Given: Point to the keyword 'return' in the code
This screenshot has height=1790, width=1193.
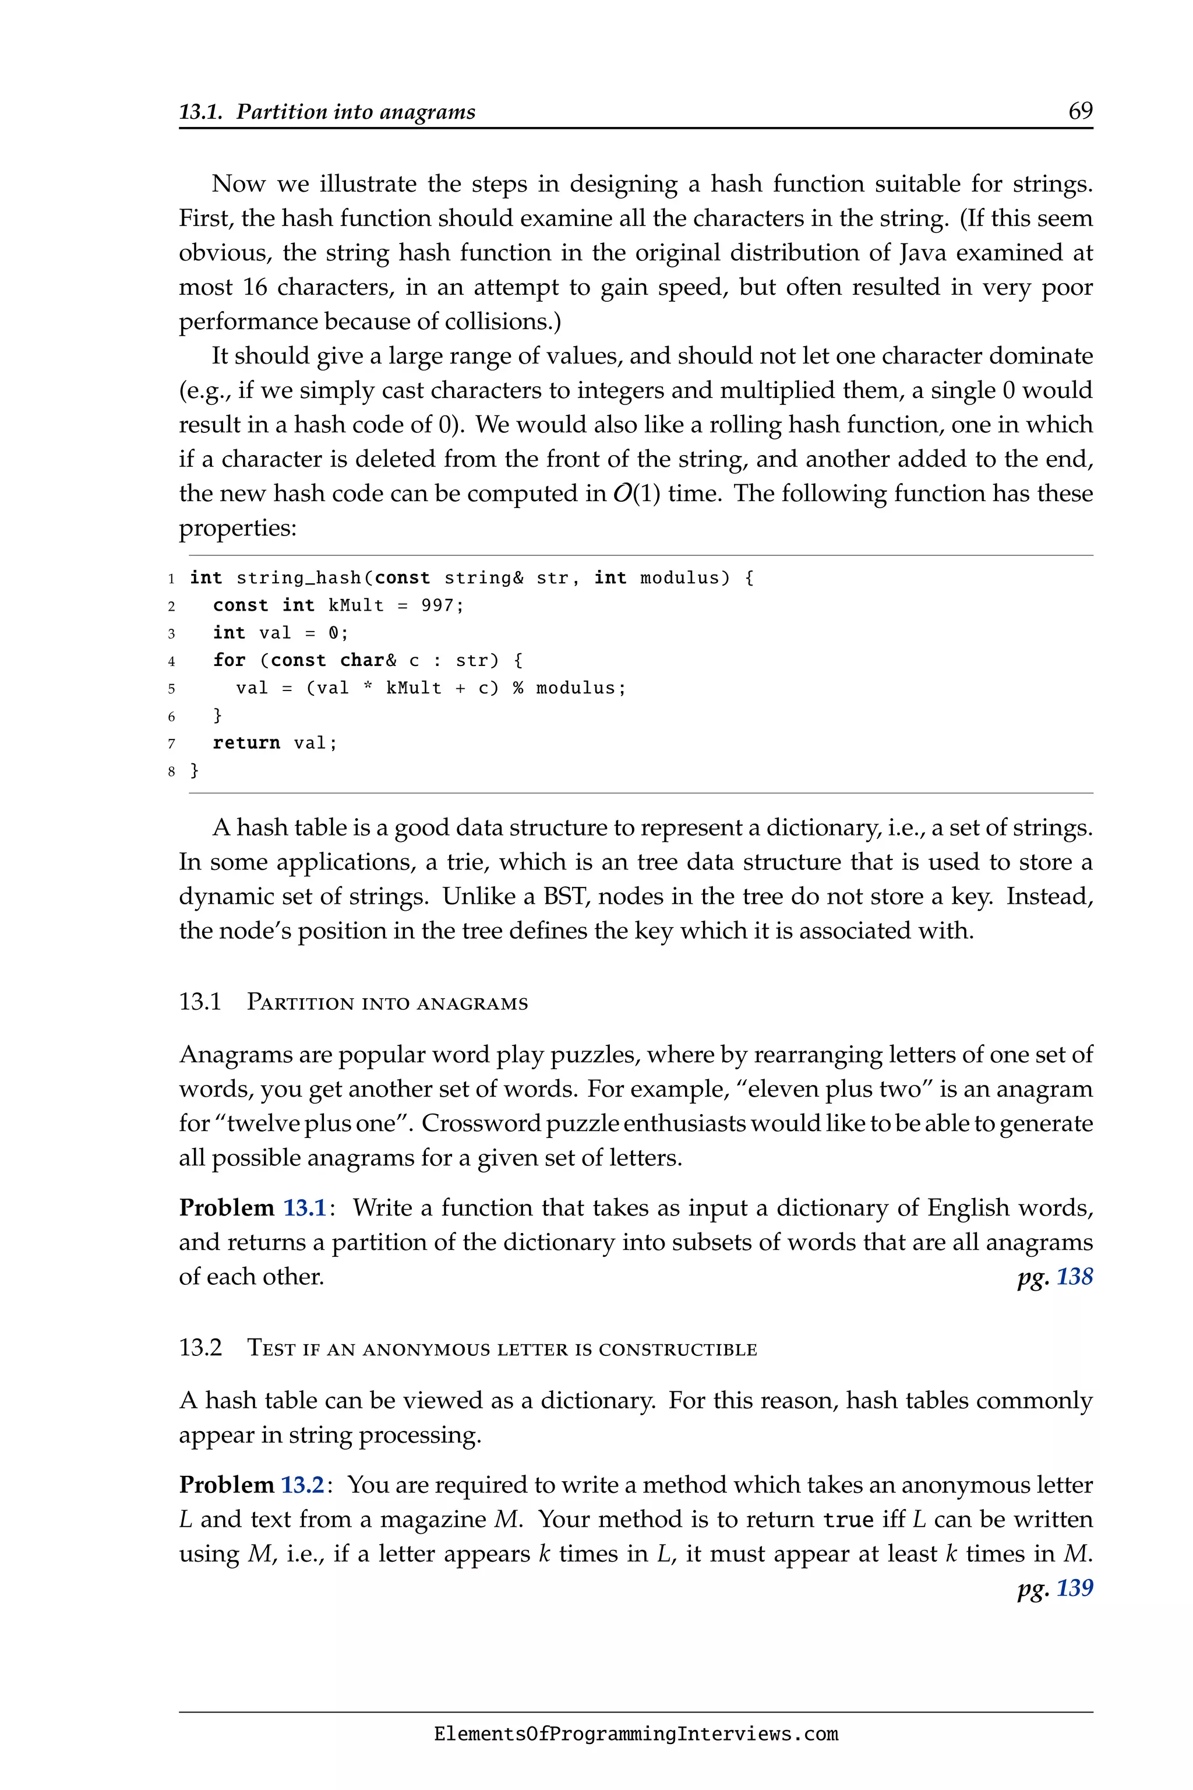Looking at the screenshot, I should click(246, 743).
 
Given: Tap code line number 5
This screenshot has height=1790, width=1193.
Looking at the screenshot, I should click(171, 689).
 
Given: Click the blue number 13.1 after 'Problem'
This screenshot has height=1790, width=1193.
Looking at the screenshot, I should click(304, 1208).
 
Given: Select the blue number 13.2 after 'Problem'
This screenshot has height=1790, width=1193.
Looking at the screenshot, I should click(303, 1485).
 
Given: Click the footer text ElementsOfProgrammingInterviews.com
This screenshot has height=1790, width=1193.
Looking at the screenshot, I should click(636, 1735).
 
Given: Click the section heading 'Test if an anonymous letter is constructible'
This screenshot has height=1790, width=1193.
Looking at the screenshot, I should click(502, 1348).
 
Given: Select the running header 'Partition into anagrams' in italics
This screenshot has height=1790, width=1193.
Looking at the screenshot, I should click(355, 112).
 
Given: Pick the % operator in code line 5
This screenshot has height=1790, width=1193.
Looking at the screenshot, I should click(517, 688).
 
